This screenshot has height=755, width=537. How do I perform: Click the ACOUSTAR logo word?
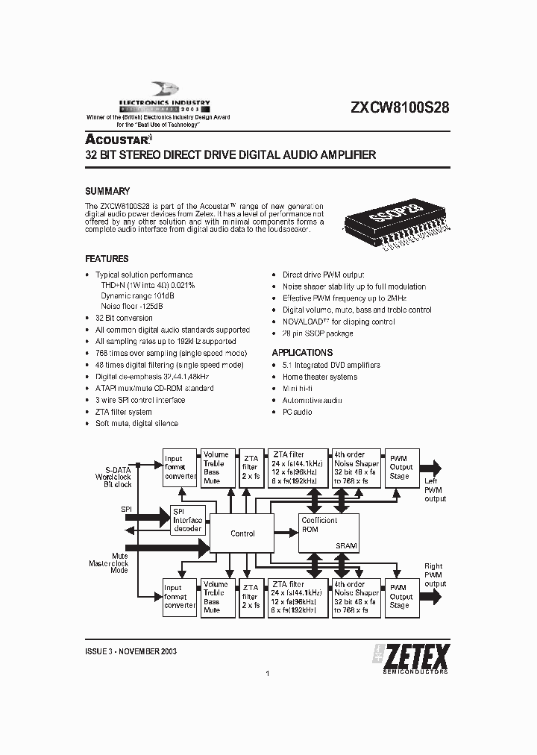coord(119,140)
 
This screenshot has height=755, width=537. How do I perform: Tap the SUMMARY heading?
coord(107,191)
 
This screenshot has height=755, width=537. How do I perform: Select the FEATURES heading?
coord(107,259)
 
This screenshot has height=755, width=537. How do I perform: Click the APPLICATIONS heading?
coord(302,352)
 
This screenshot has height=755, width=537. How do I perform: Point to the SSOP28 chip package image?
coord(396,223)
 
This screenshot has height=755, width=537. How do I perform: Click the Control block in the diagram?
coord(242,533)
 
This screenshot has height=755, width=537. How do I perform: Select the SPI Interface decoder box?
coord(187,521)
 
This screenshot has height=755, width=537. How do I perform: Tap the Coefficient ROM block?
coord(328,532)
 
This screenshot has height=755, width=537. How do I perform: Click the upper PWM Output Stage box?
coord(400,468)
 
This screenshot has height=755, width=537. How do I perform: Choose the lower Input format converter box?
coord(180,597)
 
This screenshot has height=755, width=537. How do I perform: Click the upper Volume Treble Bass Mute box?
coord(216,468)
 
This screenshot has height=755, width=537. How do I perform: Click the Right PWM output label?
coord(435,575)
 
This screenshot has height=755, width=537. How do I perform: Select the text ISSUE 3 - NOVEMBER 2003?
coord(131,651)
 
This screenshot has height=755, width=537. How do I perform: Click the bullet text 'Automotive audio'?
coord(312,401)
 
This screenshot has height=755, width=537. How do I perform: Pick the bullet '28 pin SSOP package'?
coord(318,333)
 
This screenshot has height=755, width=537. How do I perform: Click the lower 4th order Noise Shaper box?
coord(356,597)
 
